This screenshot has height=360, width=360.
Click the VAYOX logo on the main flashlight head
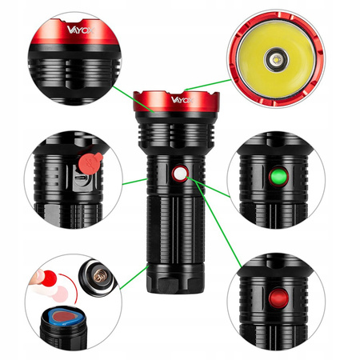coord(179,101)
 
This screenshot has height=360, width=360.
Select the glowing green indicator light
coord(278,176)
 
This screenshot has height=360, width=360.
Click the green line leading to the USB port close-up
coord(134,181)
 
